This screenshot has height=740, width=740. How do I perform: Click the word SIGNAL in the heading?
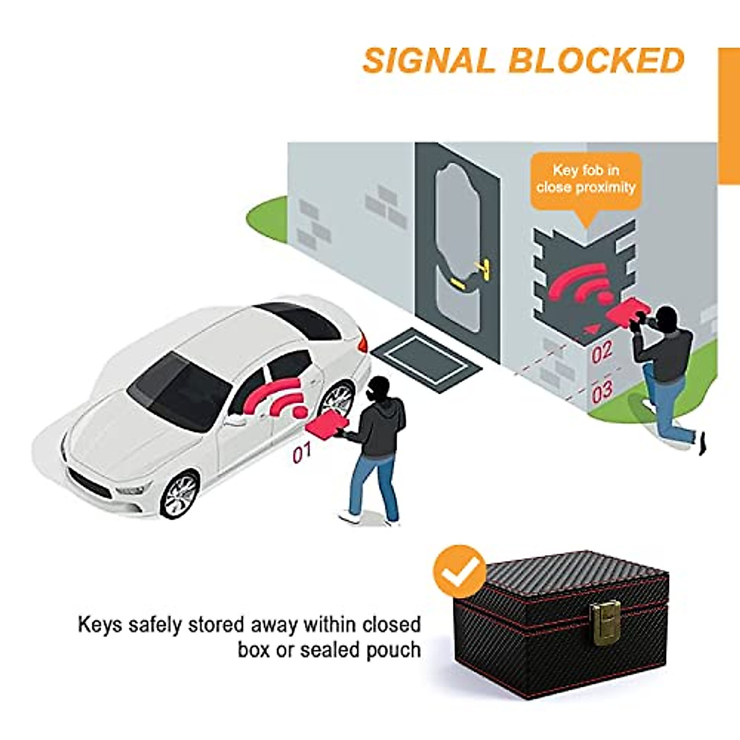pos(429,60)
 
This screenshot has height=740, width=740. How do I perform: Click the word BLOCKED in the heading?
pos(596,60)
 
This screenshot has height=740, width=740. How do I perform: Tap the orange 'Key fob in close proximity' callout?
pos(586,179)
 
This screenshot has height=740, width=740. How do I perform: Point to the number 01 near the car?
pos(302,454)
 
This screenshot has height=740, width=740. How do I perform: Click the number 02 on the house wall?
pos(601,353)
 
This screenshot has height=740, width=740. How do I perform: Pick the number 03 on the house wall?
pos(602,391)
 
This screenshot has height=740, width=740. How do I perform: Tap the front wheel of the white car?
pos(179,495)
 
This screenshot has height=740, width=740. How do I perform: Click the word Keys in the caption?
pos(100,625)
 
